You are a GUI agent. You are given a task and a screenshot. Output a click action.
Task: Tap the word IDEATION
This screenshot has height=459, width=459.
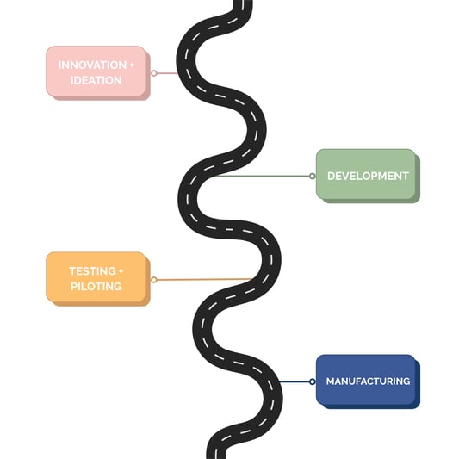coord(96,80)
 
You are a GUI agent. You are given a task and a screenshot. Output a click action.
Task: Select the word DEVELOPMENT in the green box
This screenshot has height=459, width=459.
coord(368,176)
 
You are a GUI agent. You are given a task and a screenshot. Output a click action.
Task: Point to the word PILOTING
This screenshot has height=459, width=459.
coord(96,286)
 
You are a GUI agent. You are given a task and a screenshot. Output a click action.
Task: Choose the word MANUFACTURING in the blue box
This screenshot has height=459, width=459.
coord(368,381)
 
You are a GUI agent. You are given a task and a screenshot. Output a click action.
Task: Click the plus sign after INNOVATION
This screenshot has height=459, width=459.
coord(132,65)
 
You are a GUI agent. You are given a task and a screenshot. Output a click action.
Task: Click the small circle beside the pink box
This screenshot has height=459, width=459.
coord(154,73)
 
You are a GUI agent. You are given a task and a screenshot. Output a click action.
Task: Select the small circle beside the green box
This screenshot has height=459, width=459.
coord(312,176)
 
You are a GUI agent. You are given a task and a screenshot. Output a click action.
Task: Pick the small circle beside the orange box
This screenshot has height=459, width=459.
coord(154,280)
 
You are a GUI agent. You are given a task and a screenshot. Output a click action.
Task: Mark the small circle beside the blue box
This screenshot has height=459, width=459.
coord(312,381)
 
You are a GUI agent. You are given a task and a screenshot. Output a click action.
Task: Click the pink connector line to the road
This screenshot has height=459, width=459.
coord(168,73)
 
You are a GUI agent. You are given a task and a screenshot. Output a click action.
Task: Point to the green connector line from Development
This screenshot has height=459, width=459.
coord(258,177)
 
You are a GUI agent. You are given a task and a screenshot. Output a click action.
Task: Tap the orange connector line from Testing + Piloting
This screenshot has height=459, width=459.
coord(202,279)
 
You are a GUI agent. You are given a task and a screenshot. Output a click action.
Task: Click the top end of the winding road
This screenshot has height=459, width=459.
coord(244,4)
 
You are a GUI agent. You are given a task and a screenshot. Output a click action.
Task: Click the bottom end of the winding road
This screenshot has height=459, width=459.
coord(219,454)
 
